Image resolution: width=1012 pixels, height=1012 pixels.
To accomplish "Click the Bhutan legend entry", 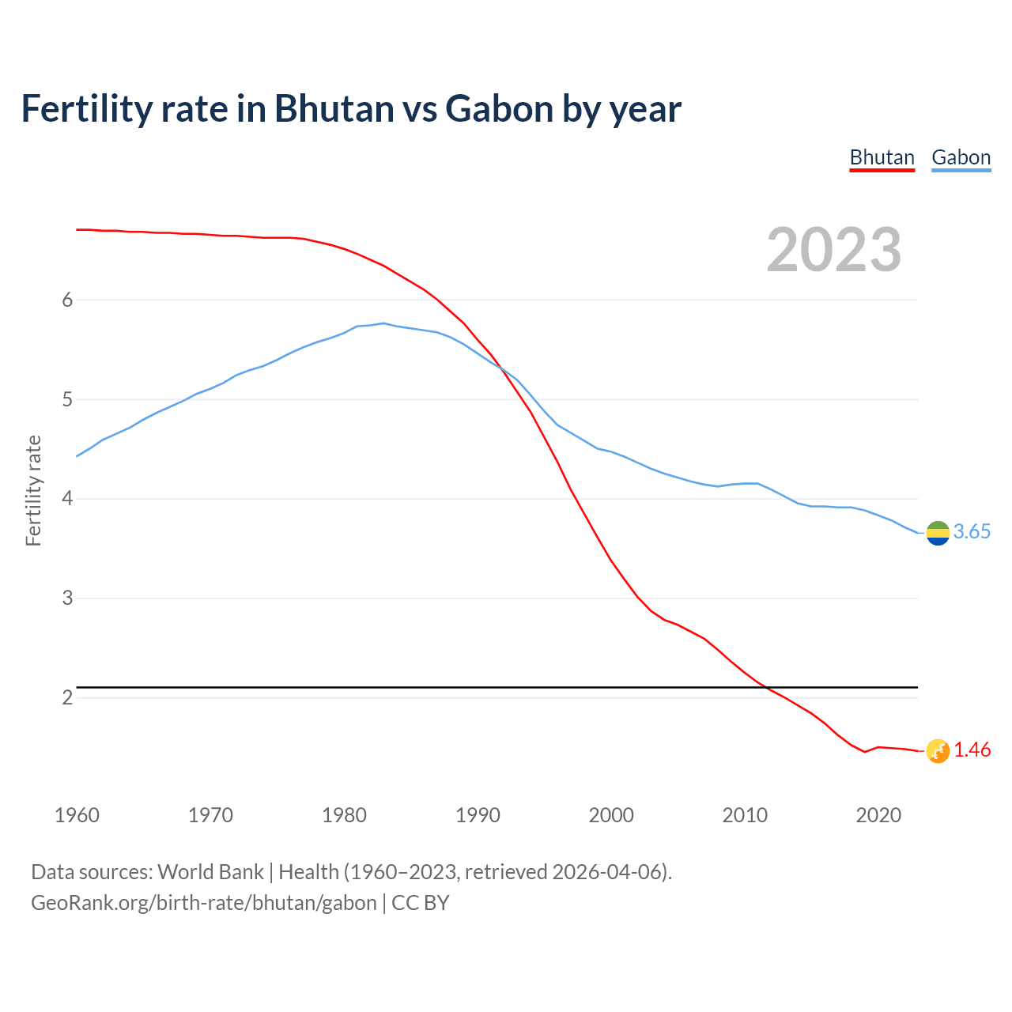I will [882, 157].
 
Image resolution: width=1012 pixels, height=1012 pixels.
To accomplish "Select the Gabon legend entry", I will [961, 157].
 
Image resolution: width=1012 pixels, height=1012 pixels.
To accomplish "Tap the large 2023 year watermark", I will [834, 250].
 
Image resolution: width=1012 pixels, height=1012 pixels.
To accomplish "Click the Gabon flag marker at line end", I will [938, 533].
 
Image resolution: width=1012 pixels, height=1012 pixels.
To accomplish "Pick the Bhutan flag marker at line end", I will [938, 751].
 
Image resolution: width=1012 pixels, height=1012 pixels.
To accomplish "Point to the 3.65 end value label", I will [972, 532].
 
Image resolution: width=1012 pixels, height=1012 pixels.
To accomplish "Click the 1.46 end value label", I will [972, 750].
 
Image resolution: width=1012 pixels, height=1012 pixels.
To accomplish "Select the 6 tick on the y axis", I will [67, 300].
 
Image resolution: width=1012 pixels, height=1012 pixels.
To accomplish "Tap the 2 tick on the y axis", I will [67, 697].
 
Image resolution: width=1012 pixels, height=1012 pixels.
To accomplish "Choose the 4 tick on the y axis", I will [67, 499].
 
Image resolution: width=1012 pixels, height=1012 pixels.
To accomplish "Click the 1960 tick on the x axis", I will [77, 815].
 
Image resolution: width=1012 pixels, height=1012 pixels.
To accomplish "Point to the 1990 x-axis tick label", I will [478, 815].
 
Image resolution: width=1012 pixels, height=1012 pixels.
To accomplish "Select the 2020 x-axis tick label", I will [878, 815].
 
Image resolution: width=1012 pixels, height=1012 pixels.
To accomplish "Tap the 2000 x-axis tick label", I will [611, 815].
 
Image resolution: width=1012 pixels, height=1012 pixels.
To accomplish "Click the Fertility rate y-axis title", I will [33, 490].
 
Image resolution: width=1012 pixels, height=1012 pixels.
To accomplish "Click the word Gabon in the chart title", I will [498, 108].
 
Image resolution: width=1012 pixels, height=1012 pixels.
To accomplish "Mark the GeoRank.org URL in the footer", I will [203, 903].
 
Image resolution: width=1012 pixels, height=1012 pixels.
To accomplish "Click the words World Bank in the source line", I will [210, 872].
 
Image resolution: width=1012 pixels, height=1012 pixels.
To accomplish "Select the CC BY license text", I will [421, 903].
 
